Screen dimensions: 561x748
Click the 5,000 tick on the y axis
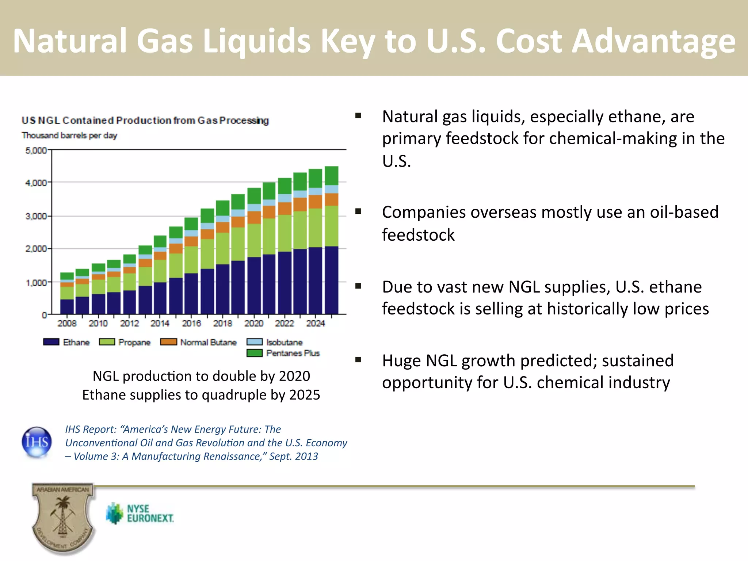pyautogui.click(x=36, y=150)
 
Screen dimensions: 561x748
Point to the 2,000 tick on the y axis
pyautogui.click(x=36, y=249)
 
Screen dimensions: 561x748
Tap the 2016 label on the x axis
pyautogui.click(x=191, y=323)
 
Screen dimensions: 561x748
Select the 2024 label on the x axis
pyautogui.click(x=316, y=323)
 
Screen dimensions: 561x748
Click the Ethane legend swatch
pyautogui.click(x=51, y=342)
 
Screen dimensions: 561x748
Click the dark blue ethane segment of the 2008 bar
pyautogui.click(x=67, y=307)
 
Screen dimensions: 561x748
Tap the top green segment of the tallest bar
pyautogui.click(x=332, y=176)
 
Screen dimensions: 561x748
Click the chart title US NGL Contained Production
pyautogui.click(x=145, y=120)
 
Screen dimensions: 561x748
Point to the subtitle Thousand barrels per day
pyautogui.click(x=69, y=136)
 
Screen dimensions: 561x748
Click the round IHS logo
pyautogui.click(x=37, y=442)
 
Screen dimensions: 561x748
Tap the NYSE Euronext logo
pyautogui.click(x=140, y=513)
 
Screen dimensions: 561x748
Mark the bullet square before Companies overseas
pyautogui.click(x=358, y=211)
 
